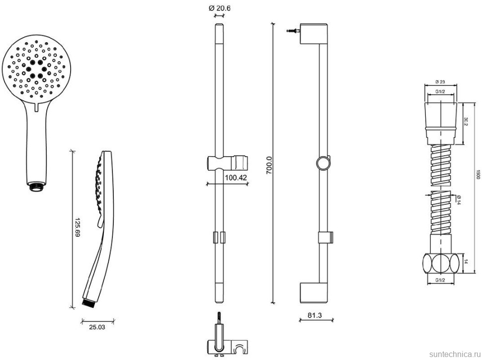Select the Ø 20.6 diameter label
(219, 8)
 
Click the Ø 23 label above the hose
(439, 82)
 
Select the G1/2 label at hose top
(439, 92)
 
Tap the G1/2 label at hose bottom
(439, 281)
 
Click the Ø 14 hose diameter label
(458, 199)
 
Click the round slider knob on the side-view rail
(322, 164)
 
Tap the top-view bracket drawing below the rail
(226, 343)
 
